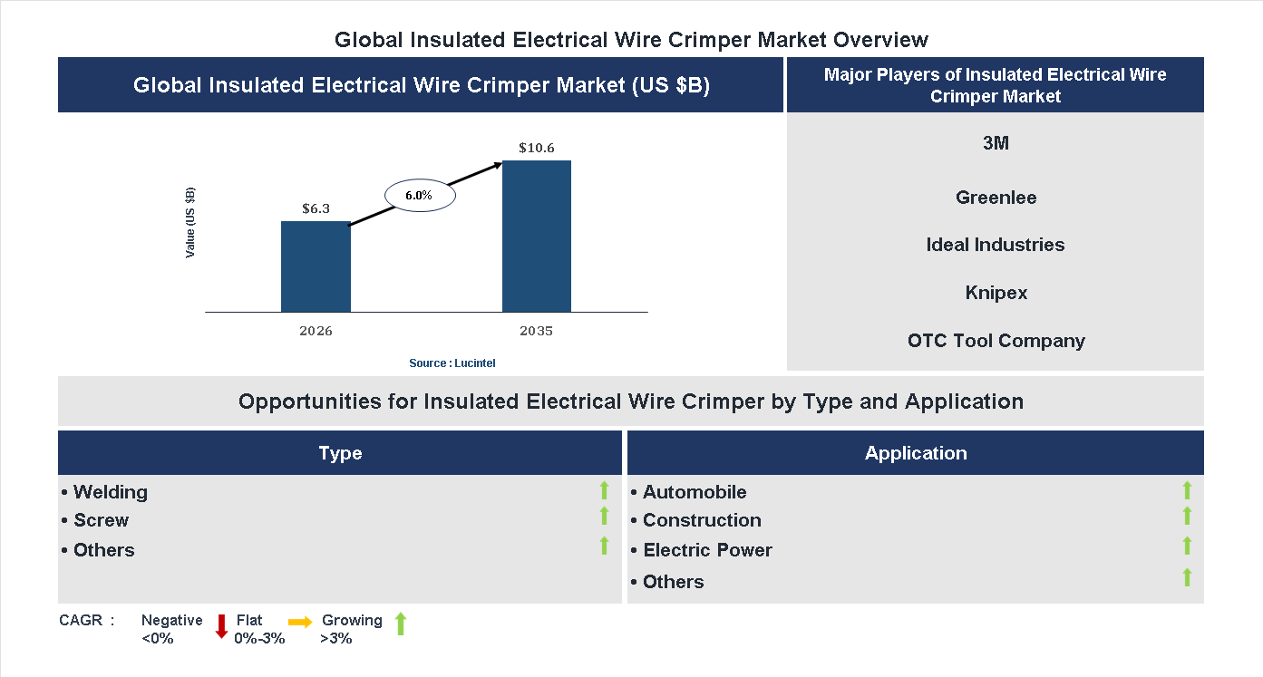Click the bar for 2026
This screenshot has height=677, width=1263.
[316, 266]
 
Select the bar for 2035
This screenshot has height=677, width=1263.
[537, 237]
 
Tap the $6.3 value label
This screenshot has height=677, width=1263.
[316, 208]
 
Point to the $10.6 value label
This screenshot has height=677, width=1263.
[537, 148]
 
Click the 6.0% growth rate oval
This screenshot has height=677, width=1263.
[419, 195]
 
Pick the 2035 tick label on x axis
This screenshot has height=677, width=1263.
[537, 331]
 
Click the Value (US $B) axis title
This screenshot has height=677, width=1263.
[190, 222]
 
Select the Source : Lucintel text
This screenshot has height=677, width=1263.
[452, 363]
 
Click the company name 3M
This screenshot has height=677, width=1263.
[996, 143]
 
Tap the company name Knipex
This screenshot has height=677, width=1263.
[996, 293]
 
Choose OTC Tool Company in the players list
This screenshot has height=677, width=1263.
[996, 341]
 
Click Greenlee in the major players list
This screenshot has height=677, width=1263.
[996, 198]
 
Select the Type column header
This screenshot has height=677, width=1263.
[340, 453]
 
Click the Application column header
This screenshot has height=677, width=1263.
[916, 453]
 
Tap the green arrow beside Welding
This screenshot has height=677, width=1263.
[604, 490]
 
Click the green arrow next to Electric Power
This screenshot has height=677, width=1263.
[1187, 546]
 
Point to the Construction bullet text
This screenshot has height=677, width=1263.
[701, 520]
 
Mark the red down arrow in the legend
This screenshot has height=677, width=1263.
[221, 626]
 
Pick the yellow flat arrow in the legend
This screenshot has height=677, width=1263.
[300, 622]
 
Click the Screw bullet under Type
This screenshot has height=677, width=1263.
[100, 520]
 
